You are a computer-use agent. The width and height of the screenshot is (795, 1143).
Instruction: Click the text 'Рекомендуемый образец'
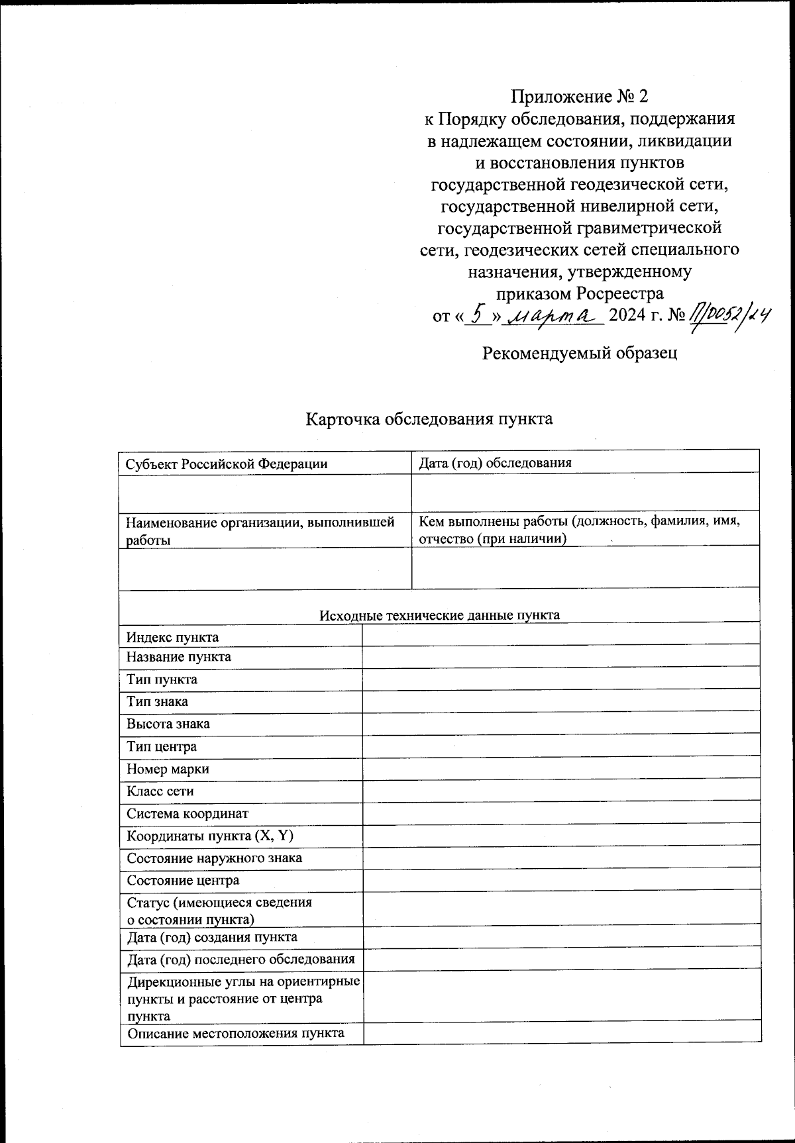pyautogui.click(x=580, y=353)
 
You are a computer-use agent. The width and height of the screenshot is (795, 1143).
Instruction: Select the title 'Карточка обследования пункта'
pyautogui.click(x=429, y=419)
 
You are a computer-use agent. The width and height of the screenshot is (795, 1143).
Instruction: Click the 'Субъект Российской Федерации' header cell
pyautogui.click(x=227, y=464)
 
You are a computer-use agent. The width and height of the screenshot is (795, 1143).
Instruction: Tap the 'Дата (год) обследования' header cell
pyautogui.click(x=495, y=463)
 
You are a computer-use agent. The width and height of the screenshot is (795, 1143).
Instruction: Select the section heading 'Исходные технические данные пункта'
pyautogui.click(x=439, y=615)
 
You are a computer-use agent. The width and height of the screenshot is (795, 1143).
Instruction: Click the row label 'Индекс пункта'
pyautogui.click(x=173, y=637)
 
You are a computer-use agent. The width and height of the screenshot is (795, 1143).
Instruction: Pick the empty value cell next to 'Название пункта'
pyautogui.click(x=560, y=656)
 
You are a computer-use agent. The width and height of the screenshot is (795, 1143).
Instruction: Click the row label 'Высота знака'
pyautogui.click(x=168, y=724)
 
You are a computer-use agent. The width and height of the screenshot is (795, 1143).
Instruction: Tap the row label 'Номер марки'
pyautogui.click(x=168, y=769)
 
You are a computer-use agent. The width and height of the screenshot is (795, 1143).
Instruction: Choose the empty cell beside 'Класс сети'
pyautogui.click(x=560, y=791)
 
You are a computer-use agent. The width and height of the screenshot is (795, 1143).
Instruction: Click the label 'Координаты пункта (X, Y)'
pyautogui.click(x=210, y=836)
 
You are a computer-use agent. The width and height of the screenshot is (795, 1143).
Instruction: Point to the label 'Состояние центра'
pyautogui.click(x=183, y=880)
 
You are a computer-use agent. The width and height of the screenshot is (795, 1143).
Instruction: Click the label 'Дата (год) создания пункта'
pyautogui.click(x=212, y=937)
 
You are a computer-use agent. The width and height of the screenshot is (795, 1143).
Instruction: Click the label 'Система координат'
pyautogui.click(x=187, y=813)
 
